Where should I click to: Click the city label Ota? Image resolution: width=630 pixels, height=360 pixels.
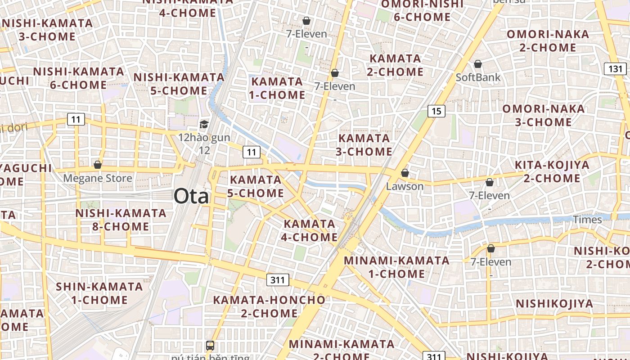point(191,197)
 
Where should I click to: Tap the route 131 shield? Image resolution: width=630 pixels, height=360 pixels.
point(615,69)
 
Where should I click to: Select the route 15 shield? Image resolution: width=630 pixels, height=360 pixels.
point(436,111)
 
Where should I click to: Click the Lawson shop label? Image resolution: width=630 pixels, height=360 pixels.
point(405,186)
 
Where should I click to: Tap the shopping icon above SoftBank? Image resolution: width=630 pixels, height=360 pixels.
point(478,64)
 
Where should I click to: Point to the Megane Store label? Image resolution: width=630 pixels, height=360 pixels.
point(98,178)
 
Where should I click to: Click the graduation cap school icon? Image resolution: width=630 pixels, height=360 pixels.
point(204,125)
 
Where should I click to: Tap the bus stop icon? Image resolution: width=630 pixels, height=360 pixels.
point(210,346)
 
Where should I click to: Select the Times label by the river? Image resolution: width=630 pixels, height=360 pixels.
point(587,220)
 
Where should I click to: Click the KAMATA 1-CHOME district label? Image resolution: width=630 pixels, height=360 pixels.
point(277,88)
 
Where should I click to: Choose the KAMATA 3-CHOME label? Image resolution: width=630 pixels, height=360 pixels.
point(364,145)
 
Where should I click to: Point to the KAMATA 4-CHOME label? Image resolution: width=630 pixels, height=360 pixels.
point(310,230)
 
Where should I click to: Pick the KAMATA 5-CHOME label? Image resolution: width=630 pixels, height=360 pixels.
point(256,186)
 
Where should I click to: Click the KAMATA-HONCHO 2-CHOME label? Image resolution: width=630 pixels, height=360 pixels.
point(269,306)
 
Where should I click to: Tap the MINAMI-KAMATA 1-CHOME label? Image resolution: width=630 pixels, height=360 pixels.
point(396,267)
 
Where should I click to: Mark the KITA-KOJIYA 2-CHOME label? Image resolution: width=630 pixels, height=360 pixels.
point(552,171)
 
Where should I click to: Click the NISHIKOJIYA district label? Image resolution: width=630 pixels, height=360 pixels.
point(554,304)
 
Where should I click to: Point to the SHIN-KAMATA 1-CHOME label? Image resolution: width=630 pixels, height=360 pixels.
point(99,293)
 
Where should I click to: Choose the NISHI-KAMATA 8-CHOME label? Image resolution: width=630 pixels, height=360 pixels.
point(121,220)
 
